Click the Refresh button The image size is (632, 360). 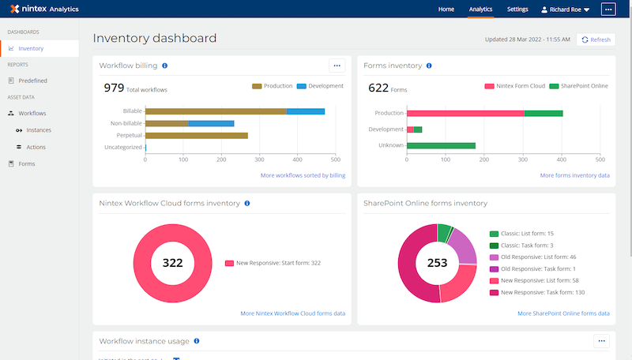coord(596,39)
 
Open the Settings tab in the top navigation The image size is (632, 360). coord(517,9)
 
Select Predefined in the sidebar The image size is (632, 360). coord(32,81)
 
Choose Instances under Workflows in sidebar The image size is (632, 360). coord(39,130)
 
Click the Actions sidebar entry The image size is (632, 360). coord(36,147)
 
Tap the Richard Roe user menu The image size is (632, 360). coord(565,9)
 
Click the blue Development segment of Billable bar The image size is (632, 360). coord(306,111)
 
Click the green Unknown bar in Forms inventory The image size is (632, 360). coord(440,145)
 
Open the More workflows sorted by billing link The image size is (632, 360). coord(303,175)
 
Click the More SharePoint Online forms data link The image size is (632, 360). coord(563,313)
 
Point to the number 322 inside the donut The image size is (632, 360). coord(172,262)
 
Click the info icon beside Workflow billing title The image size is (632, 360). coord(164,66)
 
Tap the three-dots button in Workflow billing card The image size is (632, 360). coord(337,66)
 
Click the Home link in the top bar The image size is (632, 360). coord(446,9)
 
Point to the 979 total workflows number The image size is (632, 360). coord(115,88)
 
